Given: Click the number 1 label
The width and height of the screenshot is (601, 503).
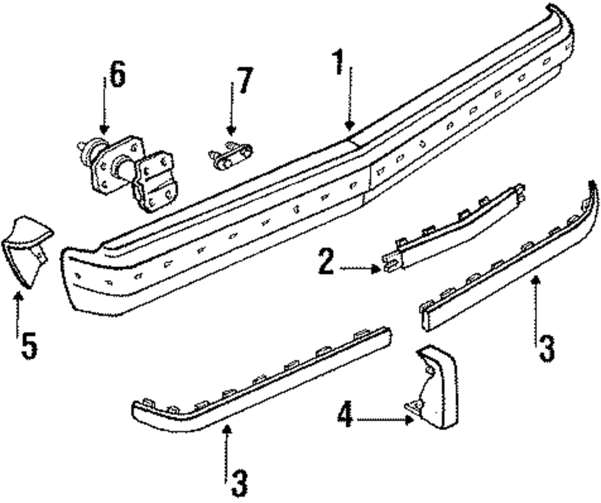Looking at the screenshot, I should (340, 64).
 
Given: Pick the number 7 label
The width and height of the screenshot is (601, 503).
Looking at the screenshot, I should (243, 81).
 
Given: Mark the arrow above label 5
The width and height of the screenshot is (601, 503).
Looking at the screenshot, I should (18, 310).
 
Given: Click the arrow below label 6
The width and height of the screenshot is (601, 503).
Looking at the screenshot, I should (104, 111).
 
